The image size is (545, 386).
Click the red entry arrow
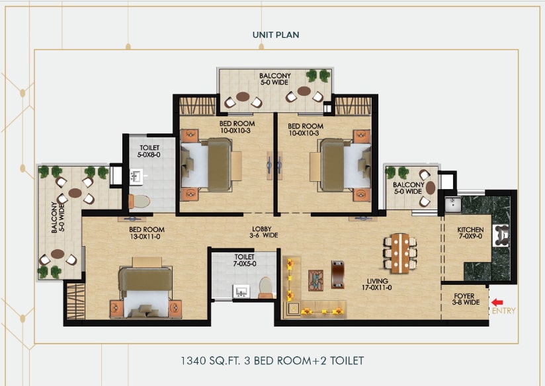pos(497,303)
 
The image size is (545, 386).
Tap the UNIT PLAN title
pos(276,35)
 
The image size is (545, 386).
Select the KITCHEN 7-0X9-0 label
pos(470,233)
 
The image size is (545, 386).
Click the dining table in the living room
pos(400,253)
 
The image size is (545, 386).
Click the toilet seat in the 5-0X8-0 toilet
pos(139,201)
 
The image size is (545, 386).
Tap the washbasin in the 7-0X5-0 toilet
pos(241,291)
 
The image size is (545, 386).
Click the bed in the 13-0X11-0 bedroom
pos(146,288)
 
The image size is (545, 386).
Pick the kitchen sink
pos(453,205)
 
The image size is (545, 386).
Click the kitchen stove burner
pos(501,235)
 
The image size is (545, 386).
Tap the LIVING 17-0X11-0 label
pos(377,284)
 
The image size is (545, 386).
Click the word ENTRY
pos(503,311)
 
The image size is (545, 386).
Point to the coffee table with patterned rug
pos(315,280)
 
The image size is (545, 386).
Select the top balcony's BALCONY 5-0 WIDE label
pos(275,79)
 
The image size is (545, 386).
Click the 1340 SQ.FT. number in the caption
pos(193,361)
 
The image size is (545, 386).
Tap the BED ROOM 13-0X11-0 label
pos(147,233)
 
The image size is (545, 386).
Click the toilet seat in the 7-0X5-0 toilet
pos(265,287)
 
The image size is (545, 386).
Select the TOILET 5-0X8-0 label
pos(149,151)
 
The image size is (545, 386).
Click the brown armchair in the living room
pos(337,274)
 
